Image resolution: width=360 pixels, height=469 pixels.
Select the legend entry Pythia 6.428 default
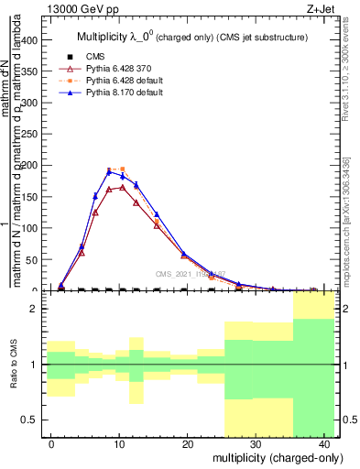(105, 81)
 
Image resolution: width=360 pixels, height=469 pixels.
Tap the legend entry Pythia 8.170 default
(105, 93)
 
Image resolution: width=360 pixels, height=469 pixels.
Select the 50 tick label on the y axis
(34, 260)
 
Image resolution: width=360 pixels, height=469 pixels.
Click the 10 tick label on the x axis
(119, 443)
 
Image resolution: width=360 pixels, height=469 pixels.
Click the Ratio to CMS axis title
(14, 365)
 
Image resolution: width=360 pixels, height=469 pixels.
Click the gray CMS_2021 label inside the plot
(190, 274)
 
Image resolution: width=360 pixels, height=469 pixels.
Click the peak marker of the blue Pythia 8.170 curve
(109, 171)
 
